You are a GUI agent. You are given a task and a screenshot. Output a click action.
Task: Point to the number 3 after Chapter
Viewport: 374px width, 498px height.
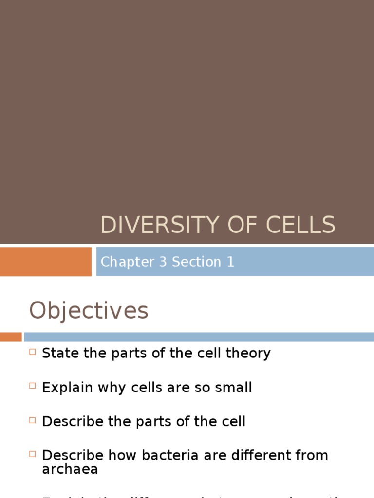click(x=163, y=262)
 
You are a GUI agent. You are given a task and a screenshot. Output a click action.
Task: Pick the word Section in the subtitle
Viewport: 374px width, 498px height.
click(x=196, y=262)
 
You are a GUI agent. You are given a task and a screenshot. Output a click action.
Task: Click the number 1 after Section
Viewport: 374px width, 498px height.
click(x=230, y=262)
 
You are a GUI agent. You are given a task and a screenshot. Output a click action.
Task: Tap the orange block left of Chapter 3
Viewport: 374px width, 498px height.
click(x=45, y=262)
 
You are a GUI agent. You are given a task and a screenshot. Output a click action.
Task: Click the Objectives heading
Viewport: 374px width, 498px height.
click(x=89, y=310)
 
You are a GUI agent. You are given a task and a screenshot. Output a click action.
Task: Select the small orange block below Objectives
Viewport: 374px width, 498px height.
click(x=11, y=337)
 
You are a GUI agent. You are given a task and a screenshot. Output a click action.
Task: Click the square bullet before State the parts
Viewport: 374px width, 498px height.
click(x=33, y=352)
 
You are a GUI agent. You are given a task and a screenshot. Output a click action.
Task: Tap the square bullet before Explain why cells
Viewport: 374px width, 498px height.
click(x=33, y=386)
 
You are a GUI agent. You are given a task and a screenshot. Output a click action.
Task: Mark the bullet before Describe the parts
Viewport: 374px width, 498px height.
click(x=33, y=420)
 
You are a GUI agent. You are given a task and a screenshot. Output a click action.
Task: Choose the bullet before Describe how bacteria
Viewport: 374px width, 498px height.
click(x=33, y=454)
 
